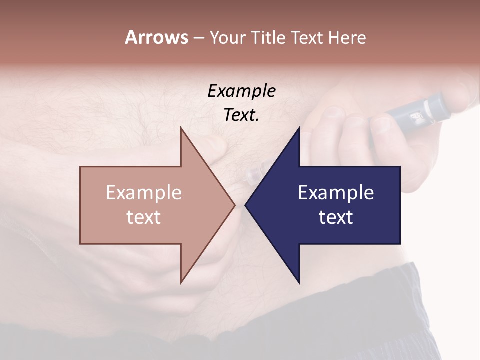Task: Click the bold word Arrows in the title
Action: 156,37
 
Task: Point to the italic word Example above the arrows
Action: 241,91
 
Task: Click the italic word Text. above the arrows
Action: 241,115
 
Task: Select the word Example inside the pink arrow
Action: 144,193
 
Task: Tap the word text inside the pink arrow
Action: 144,217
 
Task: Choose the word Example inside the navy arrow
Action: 336,193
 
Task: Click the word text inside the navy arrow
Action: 336,217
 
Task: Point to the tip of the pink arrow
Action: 235,205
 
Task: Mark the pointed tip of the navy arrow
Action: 245,205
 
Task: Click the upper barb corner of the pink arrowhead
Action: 181,128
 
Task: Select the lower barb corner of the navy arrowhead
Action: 299,283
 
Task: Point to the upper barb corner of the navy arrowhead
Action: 299,128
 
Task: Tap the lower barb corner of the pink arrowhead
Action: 181,283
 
